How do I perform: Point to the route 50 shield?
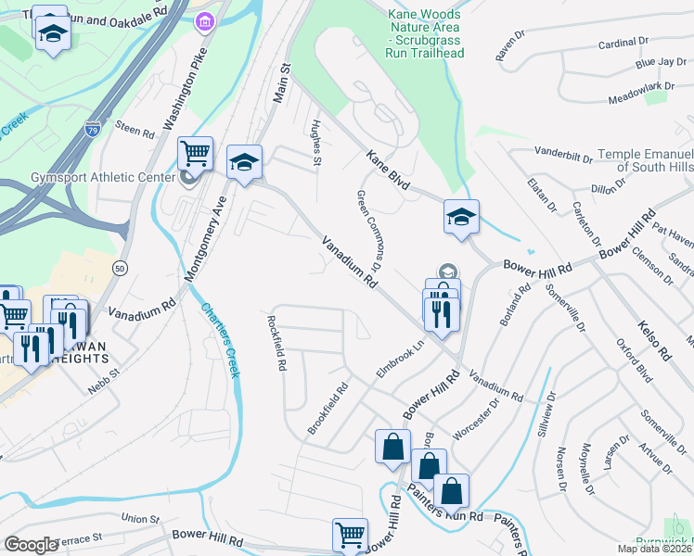(120, 267)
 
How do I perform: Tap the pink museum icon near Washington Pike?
(203, 20)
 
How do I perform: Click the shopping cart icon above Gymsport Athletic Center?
(195, 152)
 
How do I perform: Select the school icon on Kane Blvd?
(461, 217)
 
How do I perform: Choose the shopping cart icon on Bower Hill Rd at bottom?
(350, 535)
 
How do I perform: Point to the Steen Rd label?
(135, 129)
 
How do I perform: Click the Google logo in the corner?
(32, 544)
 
